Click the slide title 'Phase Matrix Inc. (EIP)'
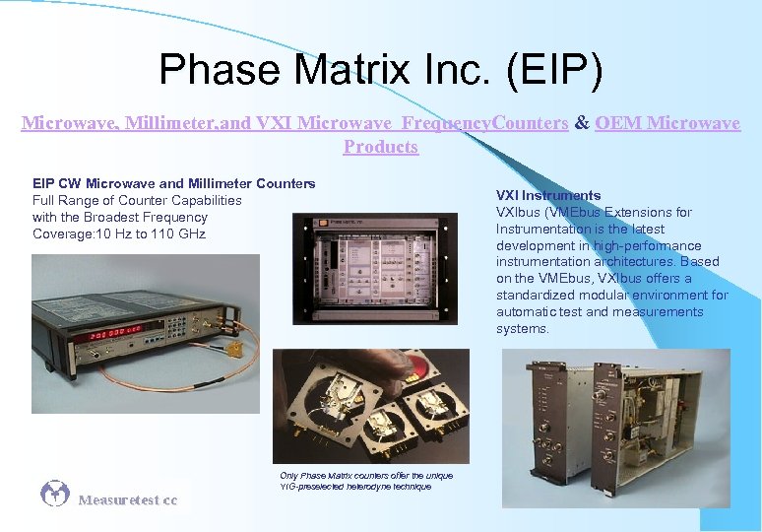[x=380, y=71]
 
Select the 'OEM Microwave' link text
[x=667, y=123]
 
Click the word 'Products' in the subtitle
[x=381, y=147]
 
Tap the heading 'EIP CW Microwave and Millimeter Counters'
[x=173, y=183]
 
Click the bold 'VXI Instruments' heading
[x=548, y=195]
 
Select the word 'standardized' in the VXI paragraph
[x=536, y=296]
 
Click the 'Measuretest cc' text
[x=128, y=500]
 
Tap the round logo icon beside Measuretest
[x=55, y=494]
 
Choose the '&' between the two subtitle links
[x=582, y=123]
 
